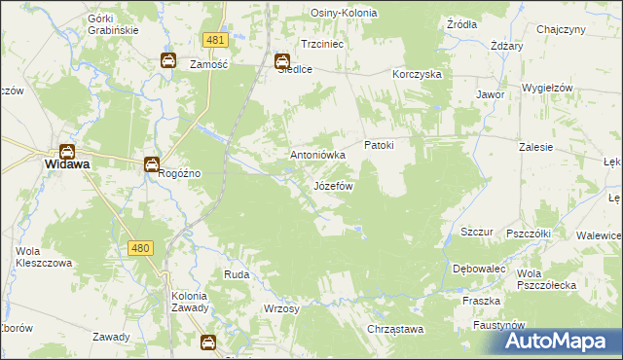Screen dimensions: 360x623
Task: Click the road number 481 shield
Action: point(216,39)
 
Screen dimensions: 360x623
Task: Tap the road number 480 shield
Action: point(139,248)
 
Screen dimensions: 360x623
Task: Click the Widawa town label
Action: point(67,165)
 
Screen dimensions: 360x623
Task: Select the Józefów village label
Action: point(333,185)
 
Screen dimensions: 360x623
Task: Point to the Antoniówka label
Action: point(318,155)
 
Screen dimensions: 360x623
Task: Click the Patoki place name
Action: point(379,145)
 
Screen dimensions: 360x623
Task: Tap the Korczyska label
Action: point(418,74)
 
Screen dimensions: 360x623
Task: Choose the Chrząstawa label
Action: point(396,330)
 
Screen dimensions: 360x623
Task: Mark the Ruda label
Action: point(237,275)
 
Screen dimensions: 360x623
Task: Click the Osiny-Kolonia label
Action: point(344,13)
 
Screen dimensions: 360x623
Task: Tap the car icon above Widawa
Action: point(67,151)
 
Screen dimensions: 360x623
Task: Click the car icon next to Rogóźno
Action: point(152,164)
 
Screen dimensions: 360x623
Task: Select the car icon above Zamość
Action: point(167,60)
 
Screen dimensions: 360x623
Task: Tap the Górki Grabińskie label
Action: point(112,24)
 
